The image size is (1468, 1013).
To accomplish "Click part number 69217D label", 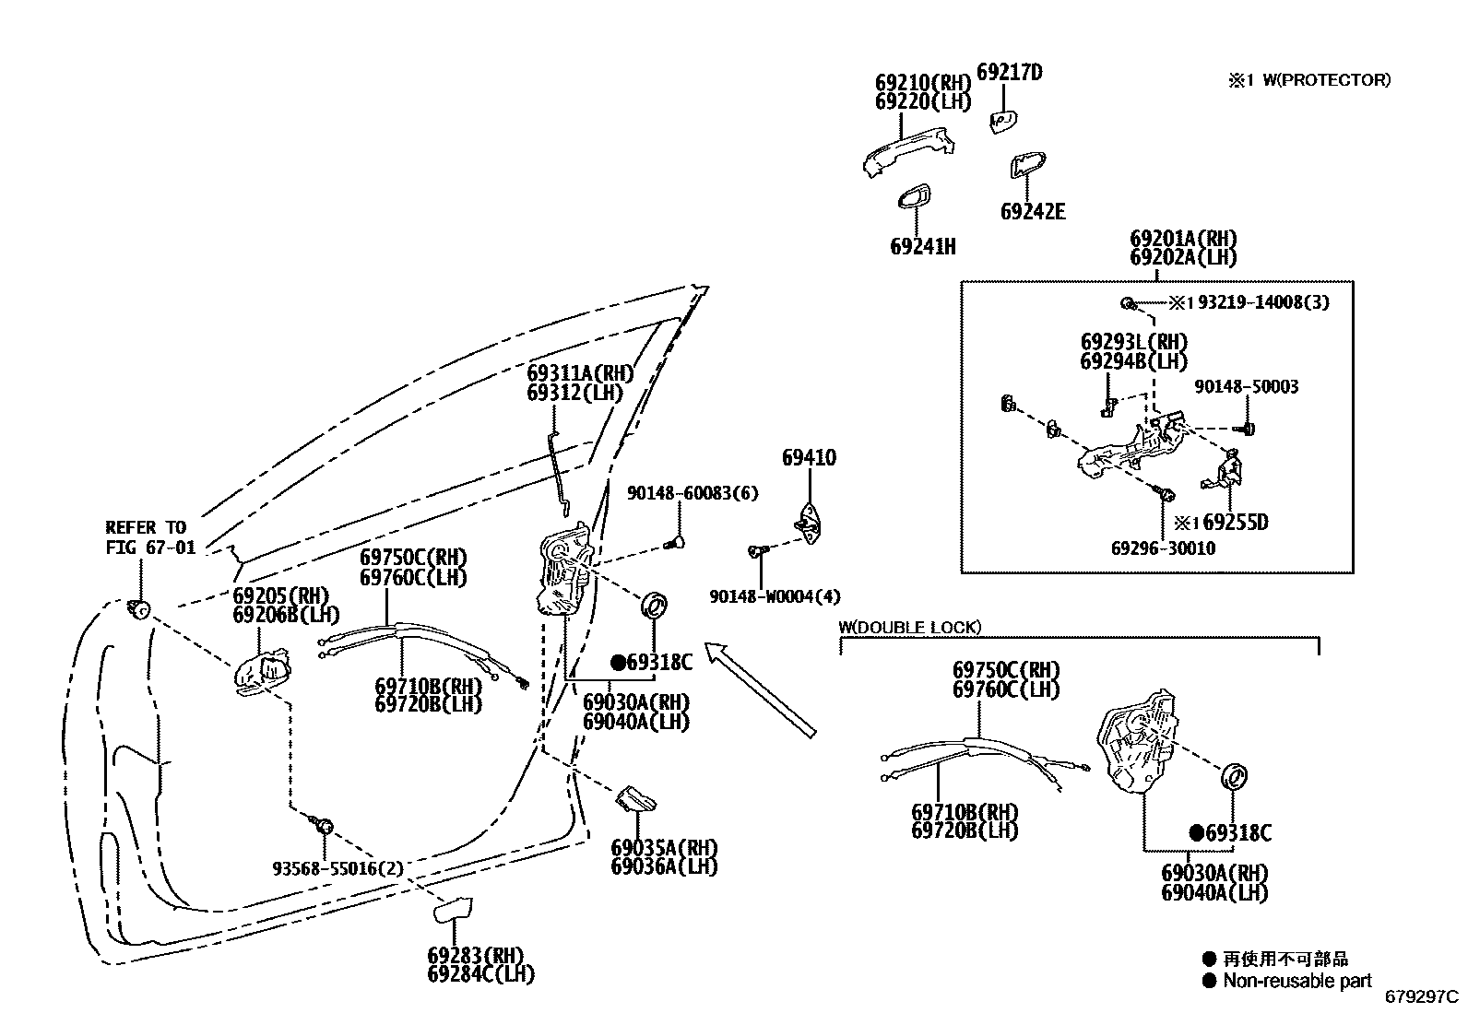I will pos(1009,72).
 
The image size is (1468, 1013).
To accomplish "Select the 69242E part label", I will pos(1032,212).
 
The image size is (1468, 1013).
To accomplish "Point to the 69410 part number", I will pos(809,457).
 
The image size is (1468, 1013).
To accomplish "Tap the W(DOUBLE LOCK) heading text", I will pos(909,627).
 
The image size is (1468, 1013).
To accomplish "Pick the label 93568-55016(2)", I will pos(338,868).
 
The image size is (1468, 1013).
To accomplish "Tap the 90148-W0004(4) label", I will pos(775,596).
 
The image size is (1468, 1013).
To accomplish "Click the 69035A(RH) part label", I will pos(664,848).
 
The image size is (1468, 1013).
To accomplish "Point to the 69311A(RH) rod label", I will pos(581,373).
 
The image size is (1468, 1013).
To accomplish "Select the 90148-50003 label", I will pos(1246,387).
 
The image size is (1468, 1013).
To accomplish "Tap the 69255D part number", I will pos(1236,523).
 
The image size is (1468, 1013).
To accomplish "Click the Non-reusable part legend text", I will pos(1296,981).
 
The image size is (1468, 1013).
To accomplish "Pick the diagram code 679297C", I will pos(1421,996).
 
